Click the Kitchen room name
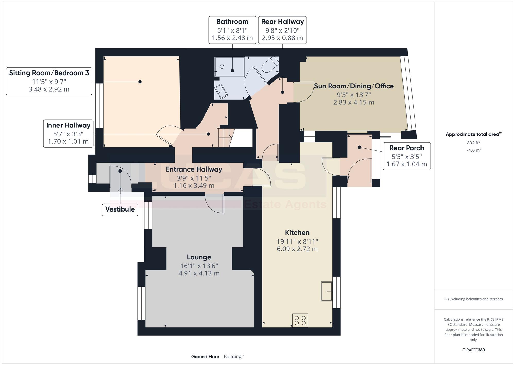click(x=297, y=233)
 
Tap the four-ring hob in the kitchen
click(x=300, y=320)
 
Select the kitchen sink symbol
click(x=327, y=291)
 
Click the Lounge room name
click(x=199, y=257)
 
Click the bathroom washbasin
click(x=221, y=91)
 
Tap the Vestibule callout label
click(x=120, y=209)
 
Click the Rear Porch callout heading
click(x=407, y=148)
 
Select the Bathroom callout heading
click(x=232, y=21)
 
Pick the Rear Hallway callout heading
click(x=282, y=21)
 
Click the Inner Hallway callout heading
click(x=68, y=125)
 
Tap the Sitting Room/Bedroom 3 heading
click(x=49, y=73)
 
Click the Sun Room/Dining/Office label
click(x=354, y=86)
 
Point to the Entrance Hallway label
click(x=194, y=169)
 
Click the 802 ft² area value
click(x=474, y=143)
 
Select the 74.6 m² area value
click(x=474, y=150)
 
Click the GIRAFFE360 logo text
click(x=474, y=350)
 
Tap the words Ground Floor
click(x=205, y=356)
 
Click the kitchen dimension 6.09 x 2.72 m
click(x=297, y=249)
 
